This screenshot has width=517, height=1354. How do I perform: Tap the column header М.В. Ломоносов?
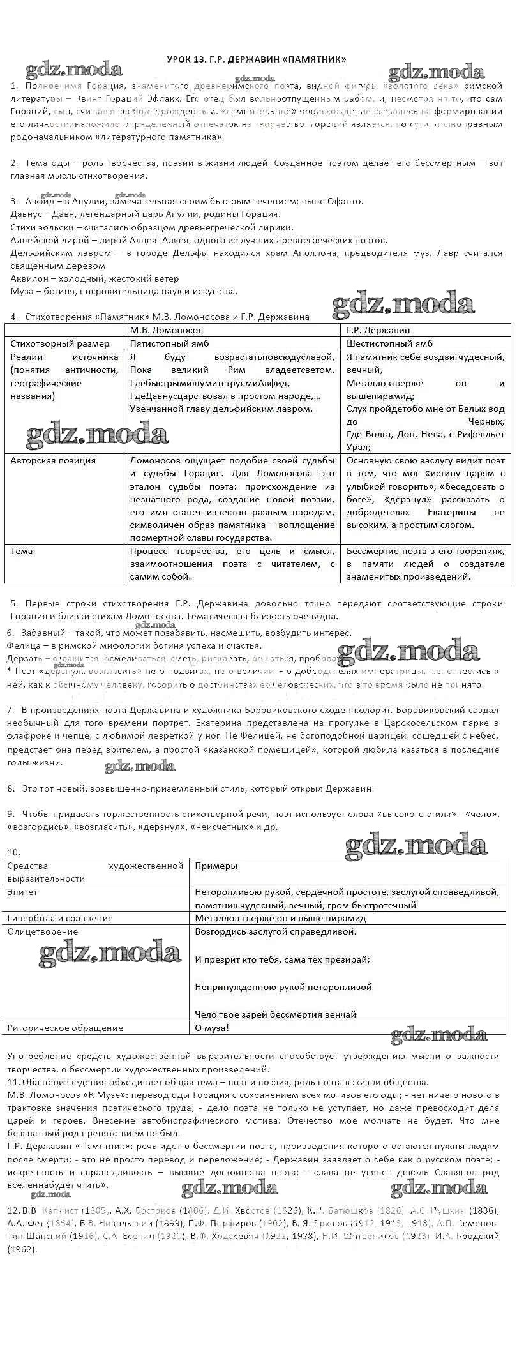click(167, 330)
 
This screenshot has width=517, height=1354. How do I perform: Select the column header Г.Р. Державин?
click(378, 330)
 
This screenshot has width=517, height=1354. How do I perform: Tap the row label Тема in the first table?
click(22, 551)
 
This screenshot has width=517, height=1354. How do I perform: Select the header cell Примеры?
click(216, 866)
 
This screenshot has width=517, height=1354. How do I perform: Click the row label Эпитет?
click(23, 892)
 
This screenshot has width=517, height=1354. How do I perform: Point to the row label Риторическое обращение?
click(65, 1028)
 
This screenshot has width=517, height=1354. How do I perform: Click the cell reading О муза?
click(211, 1028)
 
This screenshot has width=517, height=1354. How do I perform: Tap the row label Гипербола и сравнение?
click(60, 918)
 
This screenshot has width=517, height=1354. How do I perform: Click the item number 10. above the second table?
click(13, 852)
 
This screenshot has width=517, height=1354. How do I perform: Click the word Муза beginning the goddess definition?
click(22, 291)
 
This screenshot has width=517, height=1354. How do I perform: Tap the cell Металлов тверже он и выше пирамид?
click(280, 918)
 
